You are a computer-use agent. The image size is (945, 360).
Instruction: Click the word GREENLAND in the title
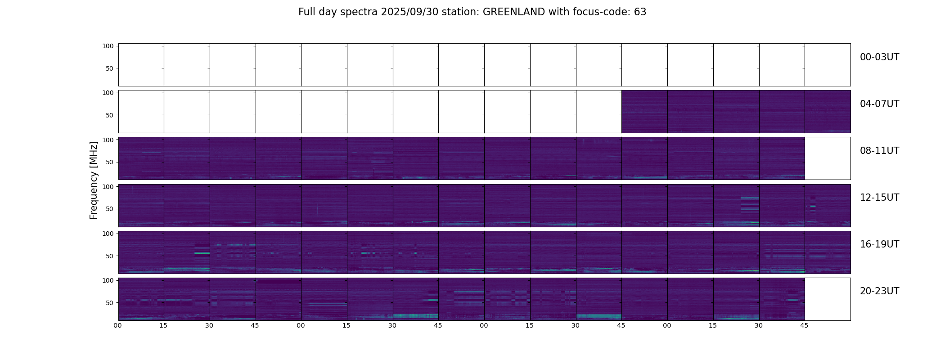(x=513, y=12)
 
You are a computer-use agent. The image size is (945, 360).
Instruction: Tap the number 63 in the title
(x=640, y=12)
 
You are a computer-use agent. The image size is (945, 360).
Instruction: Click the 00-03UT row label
(x=879, y=57)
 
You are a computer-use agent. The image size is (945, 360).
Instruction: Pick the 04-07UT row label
(x=879, y=104)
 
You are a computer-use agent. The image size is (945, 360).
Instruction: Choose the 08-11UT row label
(x=879, y=151)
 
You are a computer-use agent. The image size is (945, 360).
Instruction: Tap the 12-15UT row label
(x=879, y=198)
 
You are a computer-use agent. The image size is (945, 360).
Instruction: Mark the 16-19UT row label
(x=879, y=244)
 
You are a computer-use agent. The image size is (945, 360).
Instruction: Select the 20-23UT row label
(x=879, y=291)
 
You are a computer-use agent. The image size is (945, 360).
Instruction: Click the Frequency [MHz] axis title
(x=94, y=180)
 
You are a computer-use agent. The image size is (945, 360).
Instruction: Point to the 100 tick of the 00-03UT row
(x=108, y=46)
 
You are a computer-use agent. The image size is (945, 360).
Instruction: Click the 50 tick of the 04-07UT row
(x=110, y=115)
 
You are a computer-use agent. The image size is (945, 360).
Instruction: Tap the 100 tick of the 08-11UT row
(x=108, y=139)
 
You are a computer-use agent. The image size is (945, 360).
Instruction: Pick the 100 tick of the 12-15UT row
(x=108, y=186)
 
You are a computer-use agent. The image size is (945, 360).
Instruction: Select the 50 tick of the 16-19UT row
(x=110, y=256)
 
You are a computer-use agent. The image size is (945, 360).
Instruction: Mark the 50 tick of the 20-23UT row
(x=110, y=303)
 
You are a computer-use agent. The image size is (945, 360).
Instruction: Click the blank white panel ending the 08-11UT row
(x=827, y=158)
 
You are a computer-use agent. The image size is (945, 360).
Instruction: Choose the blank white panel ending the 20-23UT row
(x=827, y=299)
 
